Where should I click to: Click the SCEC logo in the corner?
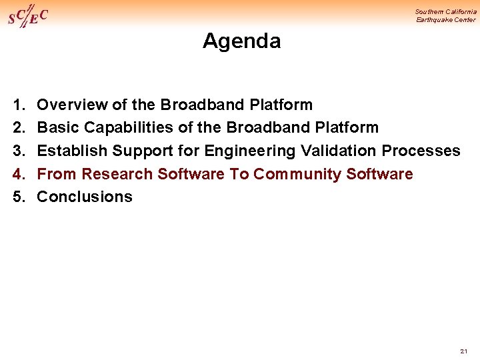(28, 16)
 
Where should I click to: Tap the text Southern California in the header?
(445, 11)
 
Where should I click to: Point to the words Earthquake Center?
(446, 20)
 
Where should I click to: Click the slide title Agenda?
(241, 41)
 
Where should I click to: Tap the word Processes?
(421, 151)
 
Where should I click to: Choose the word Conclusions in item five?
(85, 197)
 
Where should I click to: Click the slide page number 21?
(464, 351)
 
